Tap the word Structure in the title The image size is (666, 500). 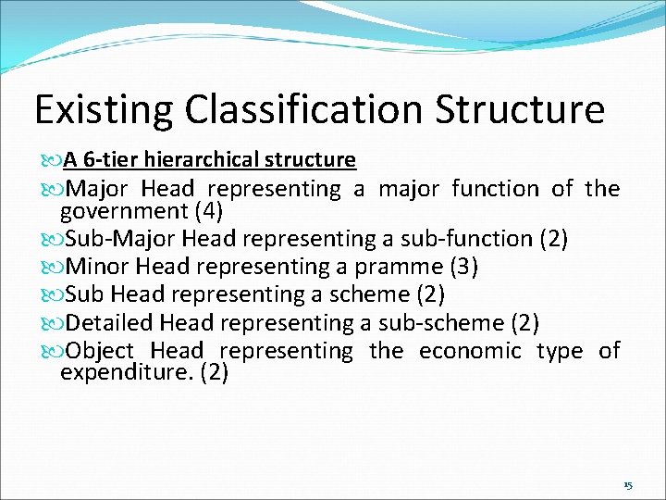(x=520, y=109)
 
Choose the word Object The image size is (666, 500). (x=100, y=351)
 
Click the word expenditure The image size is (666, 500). (x=127, y=373)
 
